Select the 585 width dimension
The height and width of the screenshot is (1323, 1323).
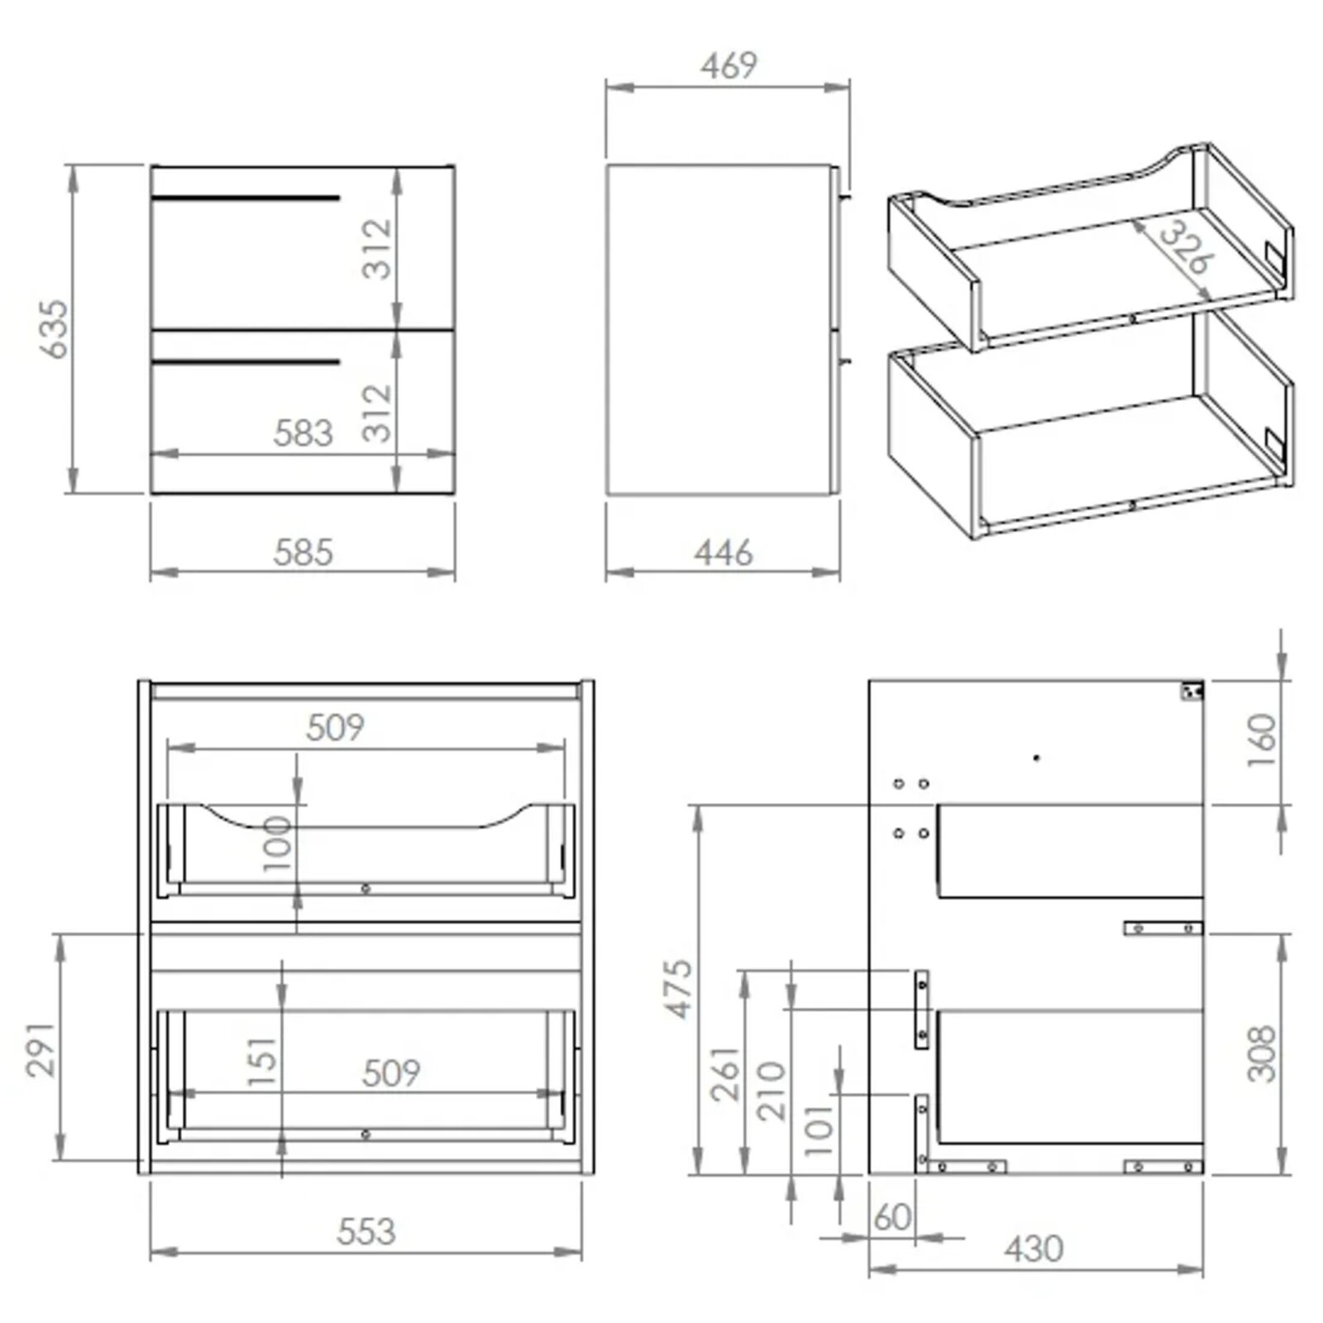click(x=303, y=552)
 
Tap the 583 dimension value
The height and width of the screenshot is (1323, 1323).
click(x=303, y=432)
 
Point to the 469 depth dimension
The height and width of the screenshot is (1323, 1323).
click(x=728, y=66)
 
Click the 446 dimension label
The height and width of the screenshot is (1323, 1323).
click(x=724, y=552)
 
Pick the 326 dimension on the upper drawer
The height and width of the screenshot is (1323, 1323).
click(x=1184, y=246)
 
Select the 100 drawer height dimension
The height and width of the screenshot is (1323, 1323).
click(x=278, y=843)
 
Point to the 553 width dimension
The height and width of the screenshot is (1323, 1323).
click(x=366, y=1231)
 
